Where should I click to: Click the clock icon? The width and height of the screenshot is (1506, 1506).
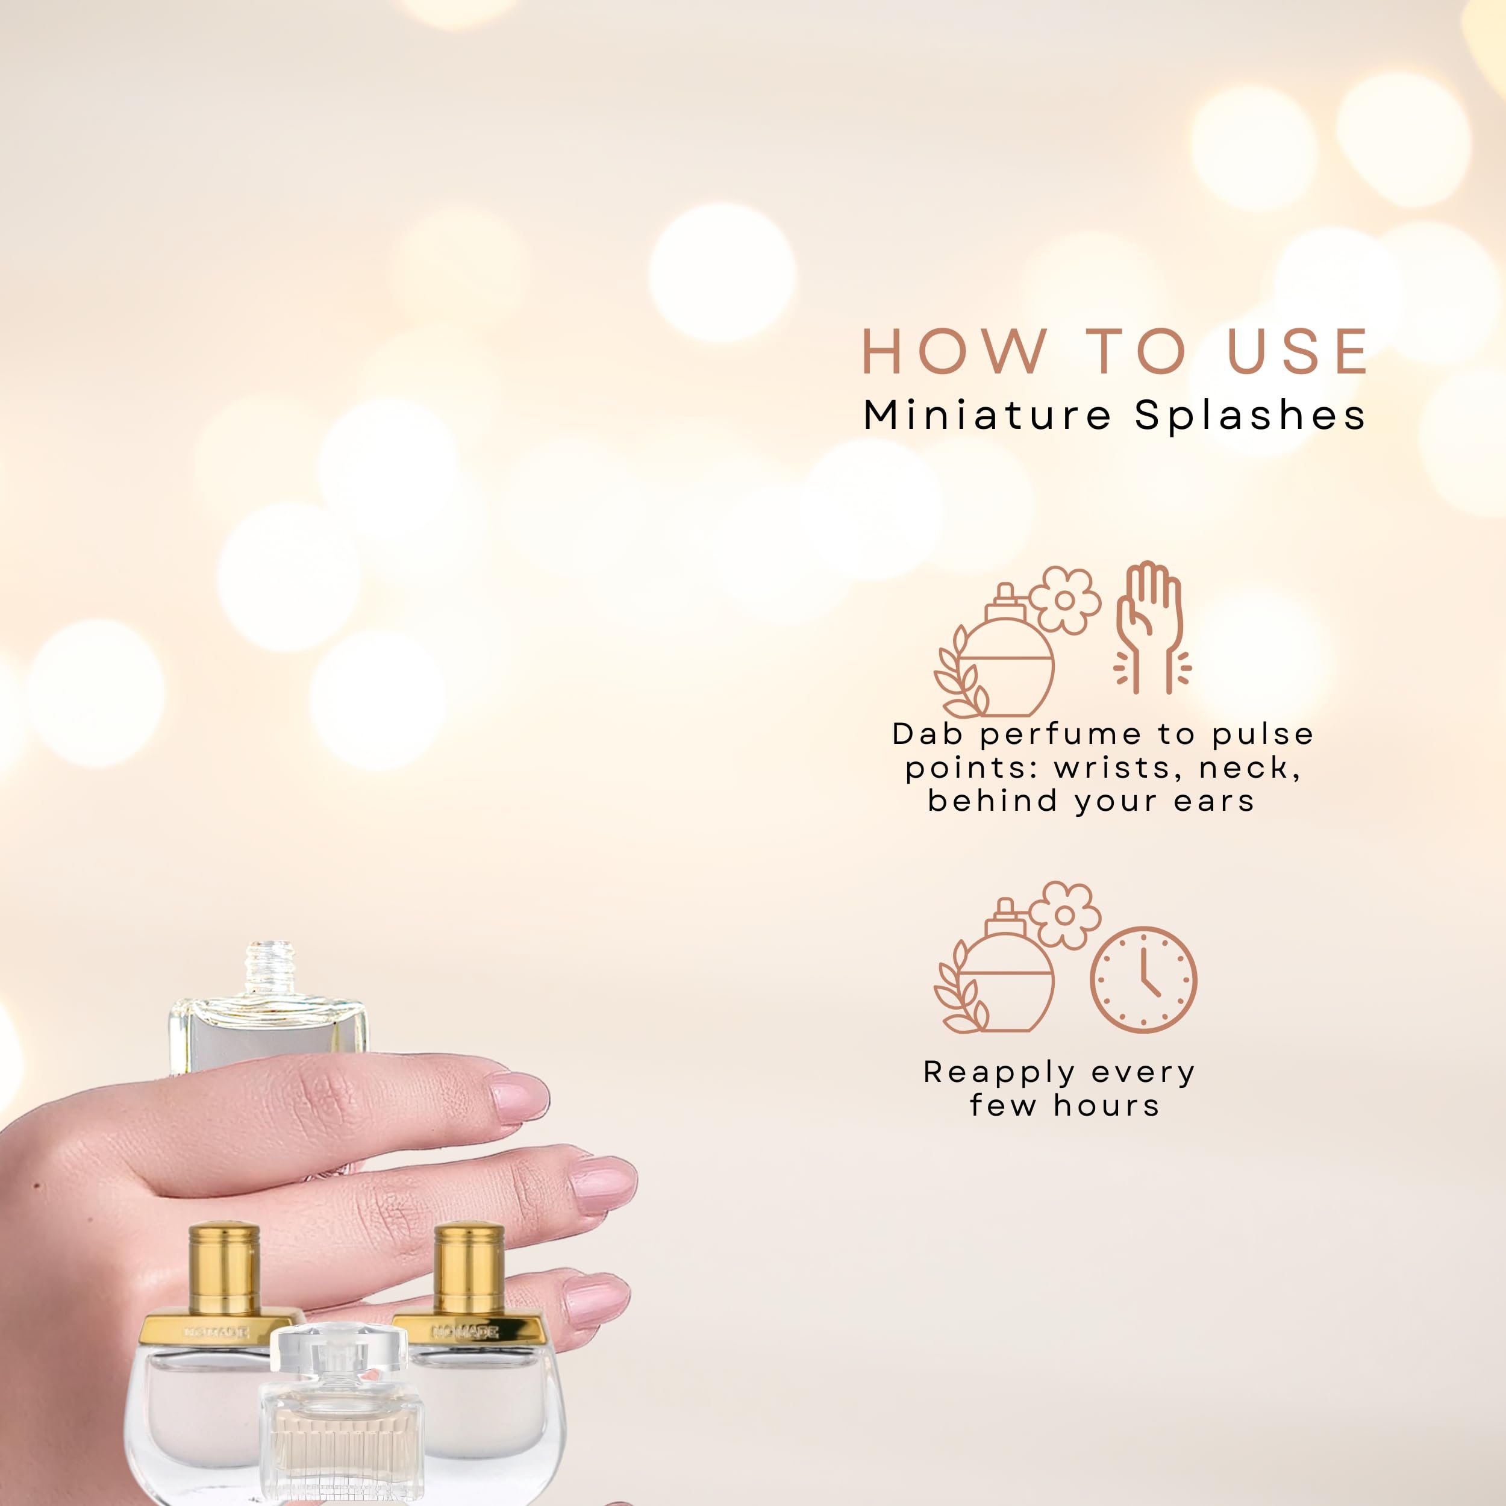1143,980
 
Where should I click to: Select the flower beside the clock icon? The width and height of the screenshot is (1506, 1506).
1065,915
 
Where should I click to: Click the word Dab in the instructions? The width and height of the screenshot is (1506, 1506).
925,734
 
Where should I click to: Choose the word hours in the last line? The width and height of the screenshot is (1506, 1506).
1107,1106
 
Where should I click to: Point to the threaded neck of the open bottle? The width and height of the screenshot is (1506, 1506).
270,968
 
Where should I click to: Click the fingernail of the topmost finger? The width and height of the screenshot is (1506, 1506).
520,1098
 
